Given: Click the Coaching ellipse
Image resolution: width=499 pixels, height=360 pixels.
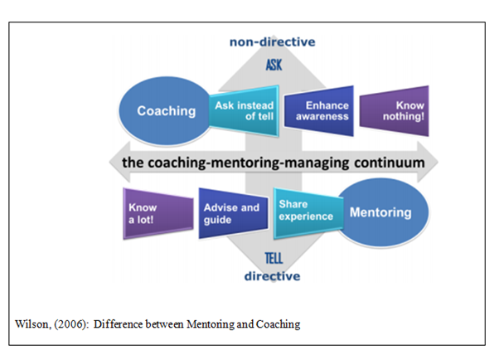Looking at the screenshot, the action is coord(166,111).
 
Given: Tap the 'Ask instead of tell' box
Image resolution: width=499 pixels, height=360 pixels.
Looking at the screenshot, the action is coord(244,111).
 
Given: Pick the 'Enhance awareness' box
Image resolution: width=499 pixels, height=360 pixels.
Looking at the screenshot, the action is coord(319,111).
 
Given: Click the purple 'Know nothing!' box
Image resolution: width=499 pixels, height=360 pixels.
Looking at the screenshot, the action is coord(395,111).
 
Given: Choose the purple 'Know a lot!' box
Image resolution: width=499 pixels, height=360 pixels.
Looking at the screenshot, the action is coord(158,213).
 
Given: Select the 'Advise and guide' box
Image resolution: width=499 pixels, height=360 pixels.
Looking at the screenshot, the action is coord(233,213).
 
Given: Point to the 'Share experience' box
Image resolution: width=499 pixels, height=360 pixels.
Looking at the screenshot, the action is coord(308,213).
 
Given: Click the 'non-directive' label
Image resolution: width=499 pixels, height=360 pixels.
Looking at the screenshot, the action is coord(273,41).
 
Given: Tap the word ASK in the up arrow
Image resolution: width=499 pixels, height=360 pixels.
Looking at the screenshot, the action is coord(274,65).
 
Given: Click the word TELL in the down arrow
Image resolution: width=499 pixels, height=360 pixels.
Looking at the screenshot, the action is coord(274,258).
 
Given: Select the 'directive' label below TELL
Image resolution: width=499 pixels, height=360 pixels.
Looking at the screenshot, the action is coord(272,276).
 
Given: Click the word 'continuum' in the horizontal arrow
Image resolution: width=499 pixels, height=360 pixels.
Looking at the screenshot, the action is coord(390,163).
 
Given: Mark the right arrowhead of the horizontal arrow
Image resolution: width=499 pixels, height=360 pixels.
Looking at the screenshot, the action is coord(428,162).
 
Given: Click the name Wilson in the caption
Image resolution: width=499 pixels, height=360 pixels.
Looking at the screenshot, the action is coord(32,324).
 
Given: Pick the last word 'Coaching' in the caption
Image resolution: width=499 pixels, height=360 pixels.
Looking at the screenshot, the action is coord(278,324).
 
